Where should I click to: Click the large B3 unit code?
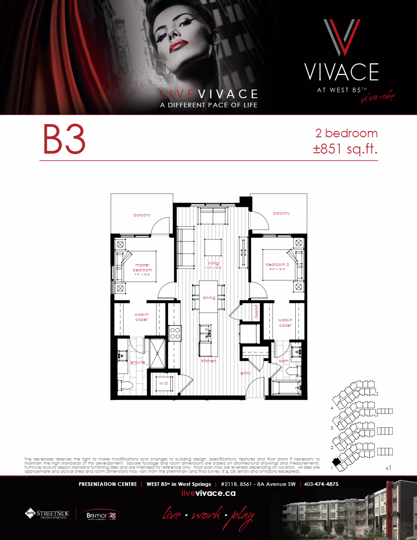[x=64, y=140]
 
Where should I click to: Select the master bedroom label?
[x=143, y=267]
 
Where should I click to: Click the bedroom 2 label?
[x=277, y=265]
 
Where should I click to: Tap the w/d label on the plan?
[x=163, y=383]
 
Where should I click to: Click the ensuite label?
[x=138, y=362]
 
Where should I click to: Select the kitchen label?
[x=209, y=360]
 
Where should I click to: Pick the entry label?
[x=245, y=373]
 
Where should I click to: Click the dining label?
[x=209, y=298]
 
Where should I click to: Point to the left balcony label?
[x=142, y=215]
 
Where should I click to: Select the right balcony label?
[x=281, y=213]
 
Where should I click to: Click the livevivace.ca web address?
[x=208, y=494]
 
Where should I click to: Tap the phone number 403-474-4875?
[x=321, y=484]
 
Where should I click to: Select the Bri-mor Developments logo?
[x=103, y=514]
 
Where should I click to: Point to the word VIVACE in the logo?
[x=342, y=72]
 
